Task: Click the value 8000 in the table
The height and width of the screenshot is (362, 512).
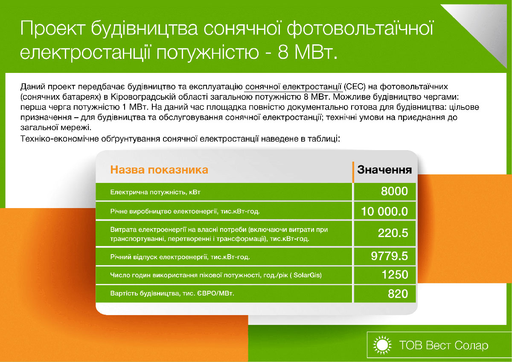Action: (394, 191)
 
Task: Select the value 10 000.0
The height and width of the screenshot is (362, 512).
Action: (384, 211)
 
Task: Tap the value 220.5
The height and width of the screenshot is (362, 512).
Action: (393, 233)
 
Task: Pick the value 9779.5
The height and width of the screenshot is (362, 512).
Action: (390, 256)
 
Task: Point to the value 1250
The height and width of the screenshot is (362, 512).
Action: (395, 275)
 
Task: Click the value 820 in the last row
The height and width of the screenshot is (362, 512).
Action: (398, 294)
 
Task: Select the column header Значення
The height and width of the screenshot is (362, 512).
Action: (384, 170)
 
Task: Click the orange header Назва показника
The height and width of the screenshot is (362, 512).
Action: (159, 170)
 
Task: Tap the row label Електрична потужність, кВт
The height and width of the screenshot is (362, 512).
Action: (155, 192)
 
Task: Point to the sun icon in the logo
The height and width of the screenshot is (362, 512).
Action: (382, 345)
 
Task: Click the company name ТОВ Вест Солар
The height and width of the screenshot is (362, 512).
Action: (444, 345)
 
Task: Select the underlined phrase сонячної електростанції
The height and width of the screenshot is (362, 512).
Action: (293, 87)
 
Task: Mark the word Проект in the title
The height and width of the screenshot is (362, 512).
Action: (53, 28)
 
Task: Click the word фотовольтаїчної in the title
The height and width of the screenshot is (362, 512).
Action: (360, 28)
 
